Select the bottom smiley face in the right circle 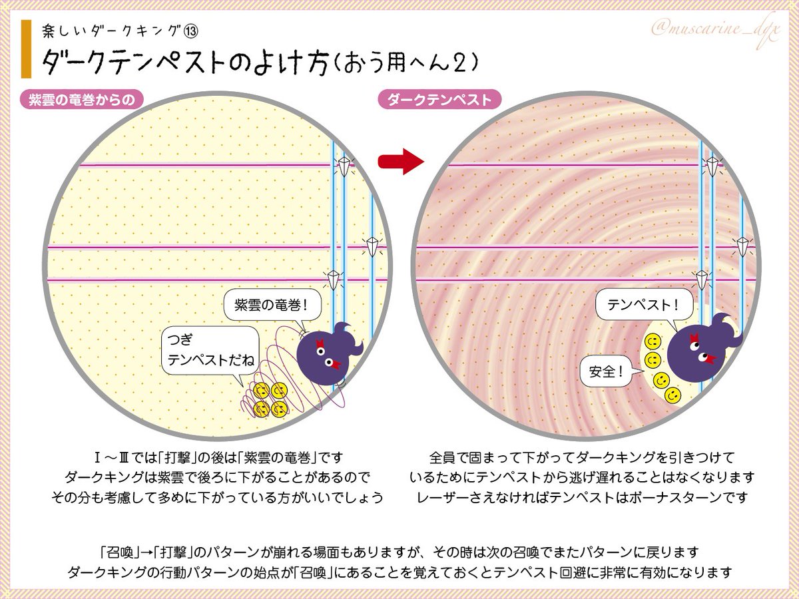pyautogui.click(x=673, y=395)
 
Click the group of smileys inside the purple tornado pyautogui.click(x=270, y=399)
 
